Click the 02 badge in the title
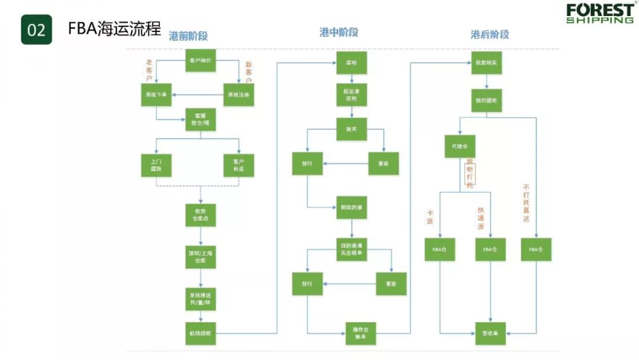coord(37,30)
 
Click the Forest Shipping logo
coord(599,13)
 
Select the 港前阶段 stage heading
coord(189,36)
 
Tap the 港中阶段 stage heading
coord(339,33)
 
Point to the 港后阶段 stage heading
coord(490,34)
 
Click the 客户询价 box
coord(201,60)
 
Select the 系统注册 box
coord(239,95)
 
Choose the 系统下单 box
coord(156,95)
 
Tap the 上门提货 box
coord(156,165)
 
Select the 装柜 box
coord(352,62)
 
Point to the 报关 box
coord(352,128)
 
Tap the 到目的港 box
coord(352,207)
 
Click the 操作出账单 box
coord(361,333)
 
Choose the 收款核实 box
coord(486,62)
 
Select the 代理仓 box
coord(460,146)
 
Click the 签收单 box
coord(490,333)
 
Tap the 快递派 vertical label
coord(480,218)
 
